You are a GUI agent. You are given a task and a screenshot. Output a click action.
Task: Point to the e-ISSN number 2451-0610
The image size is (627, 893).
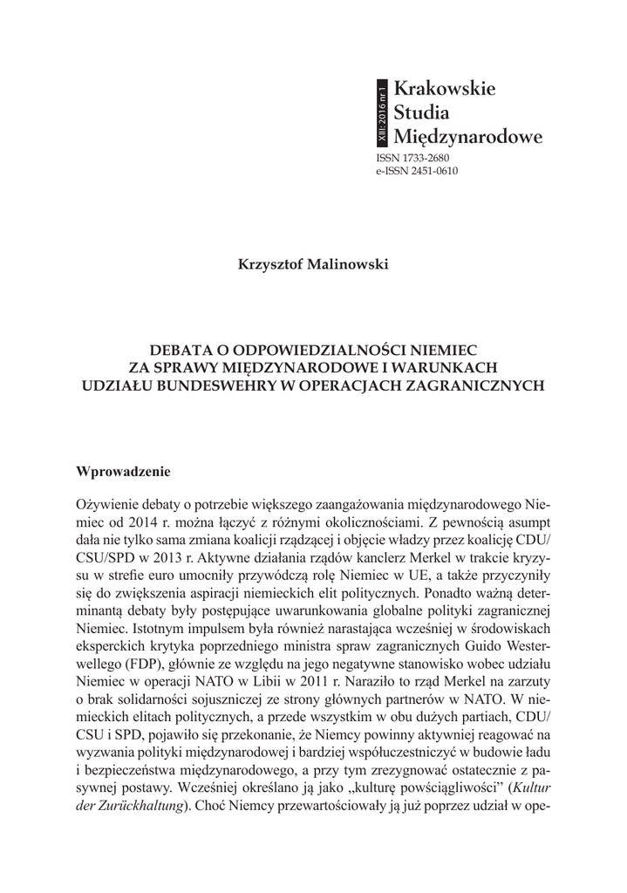pos(429,171)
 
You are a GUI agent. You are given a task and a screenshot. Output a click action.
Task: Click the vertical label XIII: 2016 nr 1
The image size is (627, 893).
pos(381,112)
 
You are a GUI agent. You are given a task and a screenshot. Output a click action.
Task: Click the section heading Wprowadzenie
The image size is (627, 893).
pos(124,472)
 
